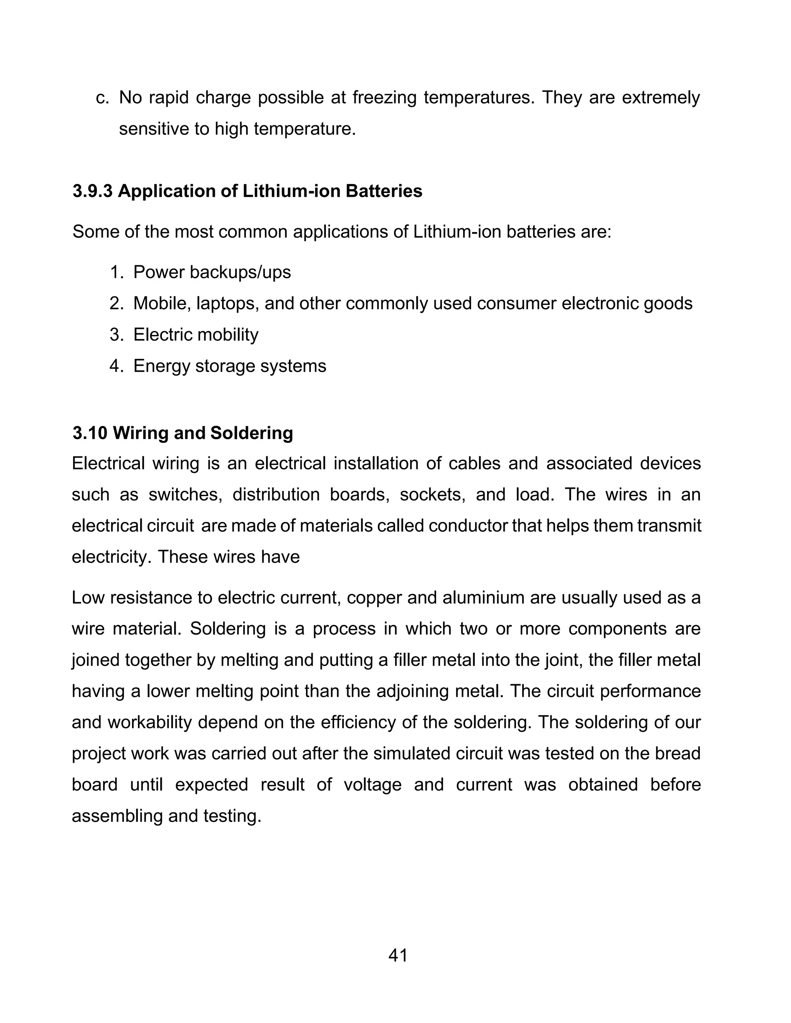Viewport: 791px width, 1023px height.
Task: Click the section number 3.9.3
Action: [92, 191]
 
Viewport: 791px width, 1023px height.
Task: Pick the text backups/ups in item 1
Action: [240, 272]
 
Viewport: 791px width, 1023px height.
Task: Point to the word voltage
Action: [373, 784]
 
